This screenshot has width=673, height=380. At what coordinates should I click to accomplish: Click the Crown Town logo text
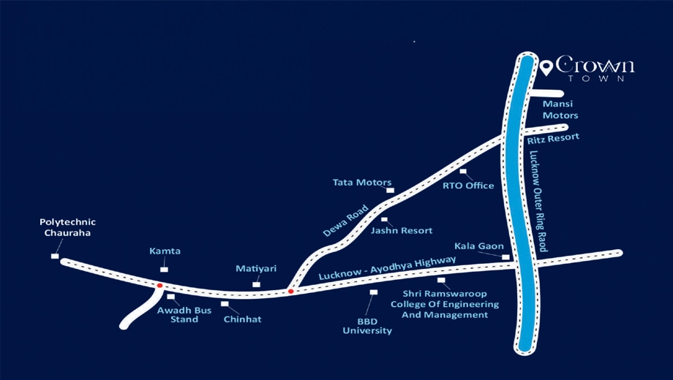[x=595, y=68]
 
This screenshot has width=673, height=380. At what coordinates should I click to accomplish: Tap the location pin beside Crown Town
[x=546, y=67]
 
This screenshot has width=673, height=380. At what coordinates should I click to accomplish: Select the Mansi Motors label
[x=560, y=110]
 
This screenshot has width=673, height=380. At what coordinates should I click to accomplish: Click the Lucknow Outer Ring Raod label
[x=538, y=201]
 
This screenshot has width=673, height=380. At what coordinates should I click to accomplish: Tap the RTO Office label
[x=468, y=186]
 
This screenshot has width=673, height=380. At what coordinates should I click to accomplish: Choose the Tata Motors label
[x=362, y=182]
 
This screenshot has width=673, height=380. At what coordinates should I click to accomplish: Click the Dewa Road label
[x=345, y=221]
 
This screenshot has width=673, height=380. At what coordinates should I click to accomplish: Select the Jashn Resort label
[x=402, y=230]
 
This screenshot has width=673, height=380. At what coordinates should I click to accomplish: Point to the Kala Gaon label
[x=479, y=246]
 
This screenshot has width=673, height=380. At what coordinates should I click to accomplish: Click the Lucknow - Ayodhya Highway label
[x=387, y=268]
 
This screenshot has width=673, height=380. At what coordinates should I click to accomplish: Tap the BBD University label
[x=367, y=326]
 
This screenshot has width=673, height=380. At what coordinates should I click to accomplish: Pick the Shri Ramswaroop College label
[x=445, y=304]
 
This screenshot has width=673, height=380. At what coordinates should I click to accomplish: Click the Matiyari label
[x=256, y=269]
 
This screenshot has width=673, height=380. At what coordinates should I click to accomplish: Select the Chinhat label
[x=243, y=319]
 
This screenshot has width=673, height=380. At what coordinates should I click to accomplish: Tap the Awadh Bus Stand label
[x=184, y=315]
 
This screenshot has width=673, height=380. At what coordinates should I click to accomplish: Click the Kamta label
[x=165, y=251]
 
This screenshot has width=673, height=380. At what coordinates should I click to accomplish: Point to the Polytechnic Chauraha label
[x=67, y=227]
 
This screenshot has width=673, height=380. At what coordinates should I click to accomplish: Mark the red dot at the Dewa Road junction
[x=290, y=292]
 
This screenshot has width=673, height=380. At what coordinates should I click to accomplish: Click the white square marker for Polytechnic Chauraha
[x=55, y=256]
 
